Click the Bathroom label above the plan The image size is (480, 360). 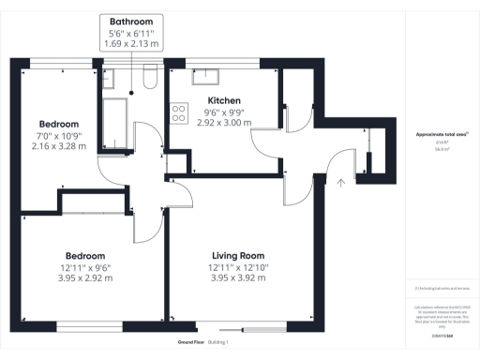132,21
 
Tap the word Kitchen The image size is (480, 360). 224,100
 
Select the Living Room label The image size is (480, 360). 237,255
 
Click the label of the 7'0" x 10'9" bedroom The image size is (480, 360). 58,124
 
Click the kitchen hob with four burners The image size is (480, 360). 177,112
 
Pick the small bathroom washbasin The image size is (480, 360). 109,81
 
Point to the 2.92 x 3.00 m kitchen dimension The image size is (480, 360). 224,122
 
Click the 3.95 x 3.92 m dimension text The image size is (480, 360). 237,277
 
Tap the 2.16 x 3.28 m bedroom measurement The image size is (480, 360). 58,145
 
